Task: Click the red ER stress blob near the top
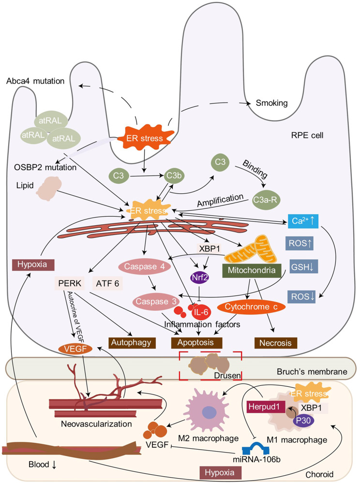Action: [x=144, y=133]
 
